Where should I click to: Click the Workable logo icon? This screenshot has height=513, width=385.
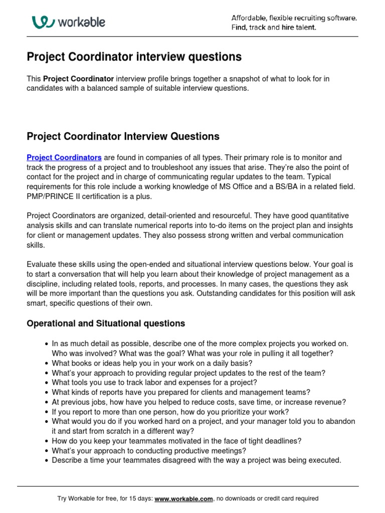pyautogui.click(x=43, y=22)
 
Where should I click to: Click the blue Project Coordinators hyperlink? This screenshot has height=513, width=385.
pyautogui.click(x=64, y=157)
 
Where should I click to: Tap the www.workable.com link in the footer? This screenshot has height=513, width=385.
pyautogui.click(x=184, y=498)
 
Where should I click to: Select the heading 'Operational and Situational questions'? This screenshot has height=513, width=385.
pyautogui.click(x=106, y=324)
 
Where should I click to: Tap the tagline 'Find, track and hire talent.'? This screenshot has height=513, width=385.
pyautogui.click(x=274, y=28)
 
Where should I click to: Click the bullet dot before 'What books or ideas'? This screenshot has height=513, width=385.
pyautogui.click(x=47, y=363)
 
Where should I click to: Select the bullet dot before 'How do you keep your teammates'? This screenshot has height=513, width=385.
pyautogui.click(x=47, y=441)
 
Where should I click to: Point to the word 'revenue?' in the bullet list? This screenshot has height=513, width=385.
pyautogui.click(x=330, y=402)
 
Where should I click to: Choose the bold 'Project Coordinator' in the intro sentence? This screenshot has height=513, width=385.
pyautogui.click(x=79, y=79)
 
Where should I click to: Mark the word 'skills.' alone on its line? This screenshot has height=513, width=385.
pyautogui.click(x=36, y=245)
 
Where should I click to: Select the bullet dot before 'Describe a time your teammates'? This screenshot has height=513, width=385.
pyautogui.click(x=47, y=461)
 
